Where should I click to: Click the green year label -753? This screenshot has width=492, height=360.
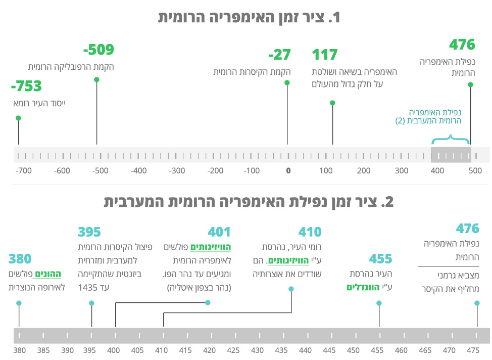(26, 86)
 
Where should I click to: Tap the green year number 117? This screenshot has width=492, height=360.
(325, 55)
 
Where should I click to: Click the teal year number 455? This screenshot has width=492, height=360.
(380, 259)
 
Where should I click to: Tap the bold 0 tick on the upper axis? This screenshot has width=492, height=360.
(288, 171)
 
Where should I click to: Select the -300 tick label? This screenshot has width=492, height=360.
(177, 171)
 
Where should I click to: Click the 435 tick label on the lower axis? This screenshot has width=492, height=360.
(281, 349)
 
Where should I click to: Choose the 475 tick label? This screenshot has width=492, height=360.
(473, 349)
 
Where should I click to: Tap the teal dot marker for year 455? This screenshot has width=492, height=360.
(379, 303)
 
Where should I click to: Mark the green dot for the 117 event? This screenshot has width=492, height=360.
(332, 103)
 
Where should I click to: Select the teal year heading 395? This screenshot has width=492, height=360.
(89, 232)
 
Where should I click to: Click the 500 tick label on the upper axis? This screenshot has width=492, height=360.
(475, 171)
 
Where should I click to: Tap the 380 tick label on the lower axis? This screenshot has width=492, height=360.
(19, 349)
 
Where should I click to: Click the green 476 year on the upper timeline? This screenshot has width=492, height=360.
(462, 44)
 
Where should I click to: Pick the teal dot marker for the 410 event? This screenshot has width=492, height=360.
(291, 289)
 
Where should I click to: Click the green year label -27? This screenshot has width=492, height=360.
(279, 55)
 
